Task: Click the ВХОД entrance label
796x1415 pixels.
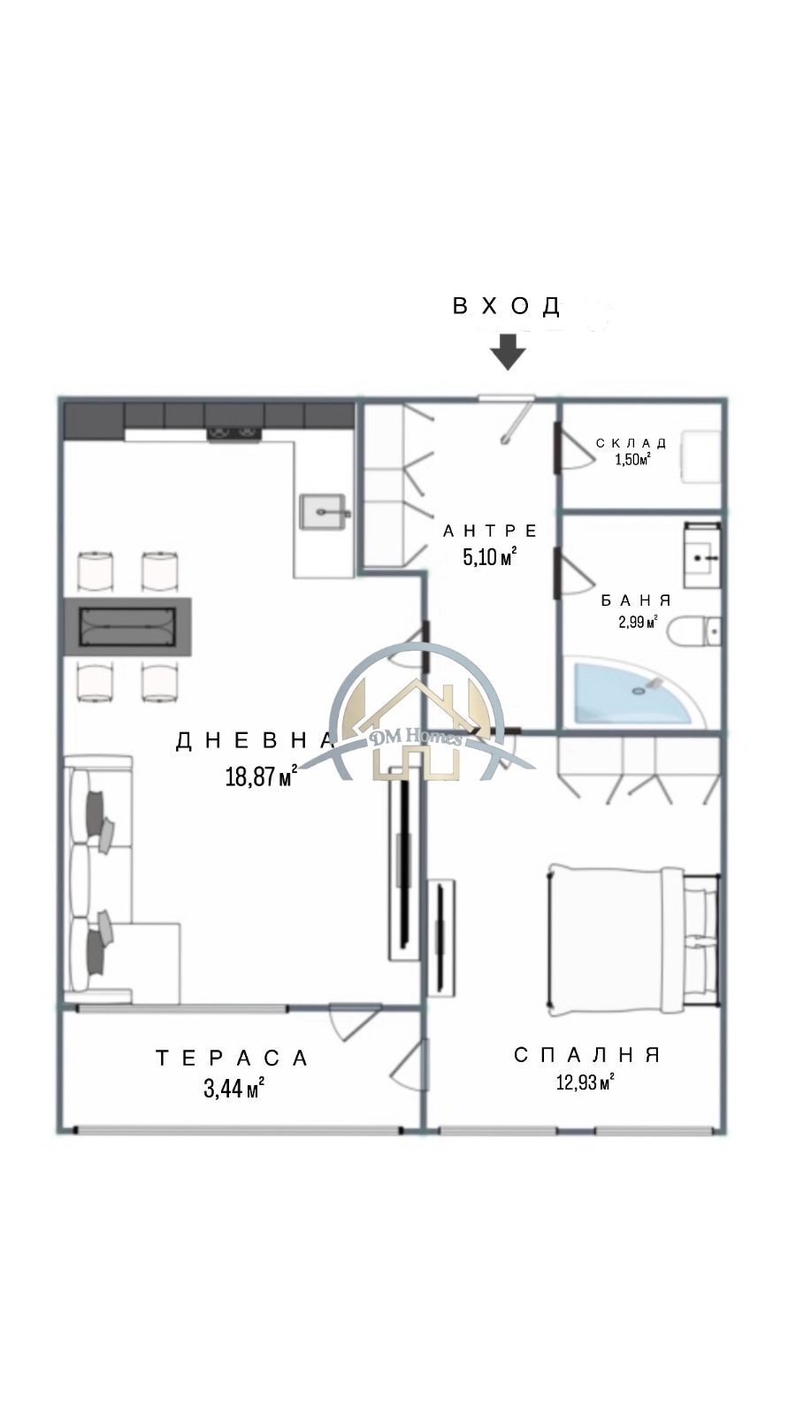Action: click(506, 306)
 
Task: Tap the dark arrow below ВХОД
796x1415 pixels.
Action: click(509, 352)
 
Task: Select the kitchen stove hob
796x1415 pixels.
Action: click(234, 433)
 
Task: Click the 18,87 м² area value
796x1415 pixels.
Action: click(261, 776)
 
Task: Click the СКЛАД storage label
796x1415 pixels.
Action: click(631, 443)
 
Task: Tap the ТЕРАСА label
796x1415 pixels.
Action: click(233, 1058)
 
